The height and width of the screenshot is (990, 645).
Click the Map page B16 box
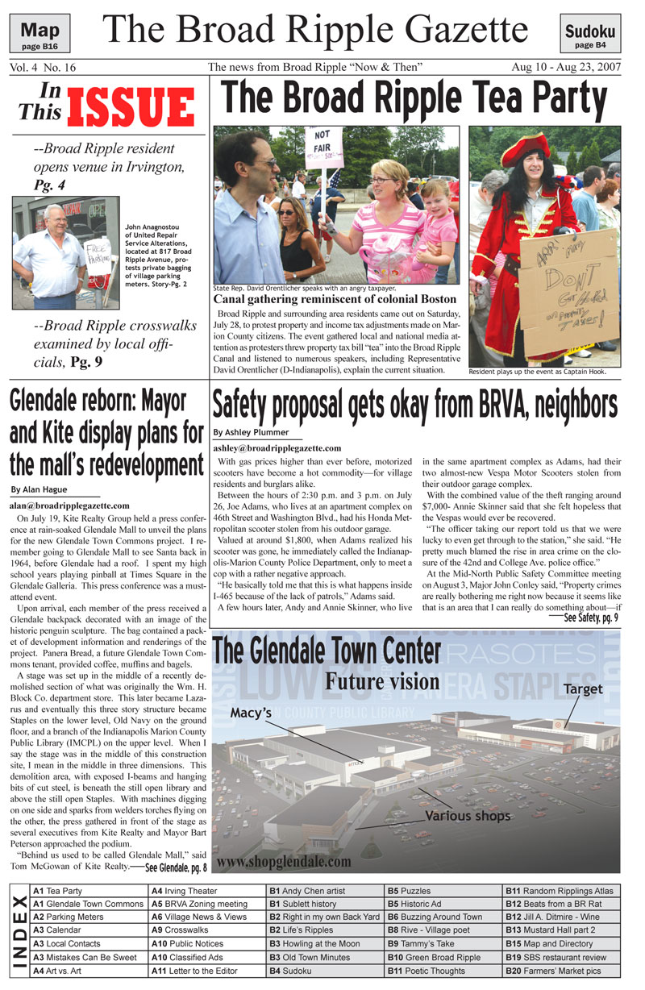(x=40, y=35)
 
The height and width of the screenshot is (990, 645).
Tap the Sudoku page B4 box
(x=589, y=36)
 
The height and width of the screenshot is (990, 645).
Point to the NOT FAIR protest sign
(x=322, y=144)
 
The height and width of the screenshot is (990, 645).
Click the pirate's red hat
(x=524, y=151)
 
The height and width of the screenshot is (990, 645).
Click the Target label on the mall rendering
(x=582, y=689)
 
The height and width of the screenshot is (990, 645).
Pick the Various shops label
(x=468, y=816)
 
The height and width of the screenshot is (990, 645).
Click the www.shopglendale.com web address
(x=284, y=861)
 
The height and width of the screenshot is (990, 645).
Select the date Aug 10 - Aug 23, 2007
(x=565, y=67)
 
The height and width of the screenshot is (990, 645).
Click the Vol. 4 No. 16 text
(x=42, y=67)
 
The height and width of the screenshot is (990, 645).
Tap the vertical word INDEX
(x=20, y=931)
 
